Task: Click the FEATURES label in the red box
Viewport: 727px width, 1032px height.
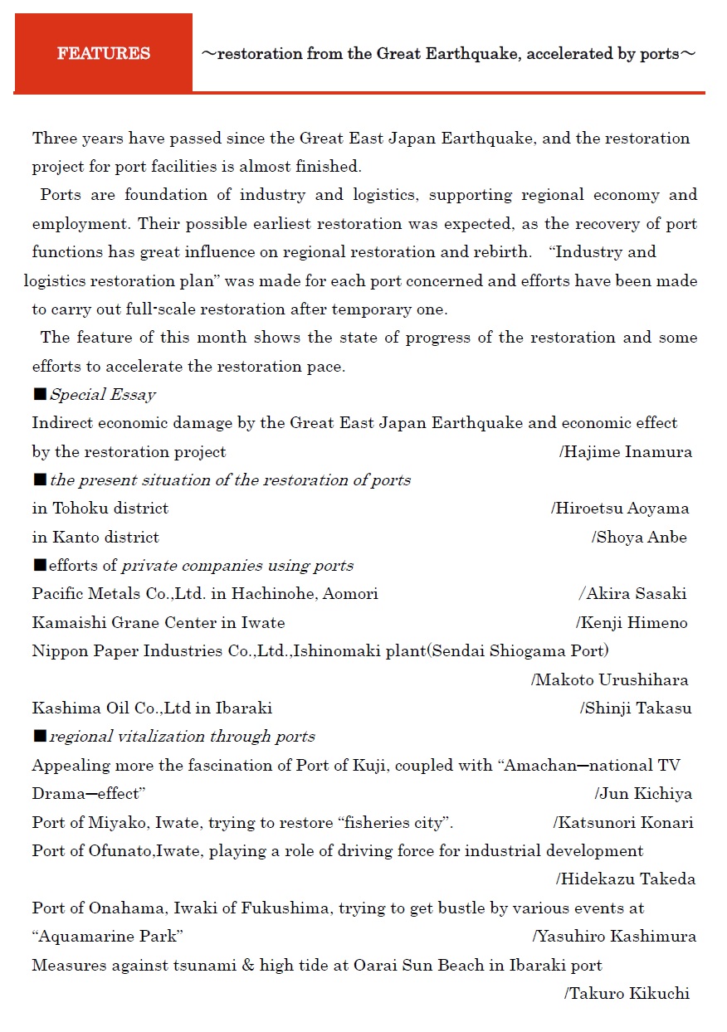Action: (104, 54)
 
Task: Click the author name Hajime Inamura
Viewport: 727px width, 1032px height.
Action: (628, 452)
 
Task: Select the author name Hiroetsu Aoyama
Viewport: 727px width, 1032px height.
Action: (622, 509)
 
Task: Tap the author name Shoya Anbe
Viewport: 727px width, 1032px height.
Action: (642, 538)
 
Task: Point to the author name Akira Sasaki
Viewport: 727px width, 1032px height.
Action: (636, 594)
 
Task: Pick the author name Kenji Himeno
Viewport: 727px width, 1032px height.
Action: (634, 622)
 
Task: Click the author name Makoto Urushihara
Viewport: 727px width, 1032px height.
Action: (612, 680)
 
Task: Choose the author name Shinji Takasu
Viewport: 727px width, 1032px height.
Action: (638, 708)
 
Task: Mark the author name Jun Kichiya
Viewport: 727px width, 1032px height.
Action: (646, 794)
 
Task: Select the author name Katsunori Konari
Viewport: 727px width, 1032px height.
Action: (626, 823)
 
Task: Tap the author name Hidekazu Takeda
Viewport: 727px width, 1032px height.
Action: (628, 879)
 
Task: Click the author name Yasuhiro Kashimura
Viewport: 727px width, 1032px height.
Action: (617, 937)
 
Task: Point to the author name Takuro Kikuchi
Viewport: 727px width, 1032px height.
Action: (629, 994)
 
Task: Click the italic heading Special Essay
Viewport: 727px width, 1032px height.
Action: (103, 395)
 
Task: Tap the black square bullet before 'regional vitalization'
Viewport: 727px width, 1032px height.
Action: (39, 737)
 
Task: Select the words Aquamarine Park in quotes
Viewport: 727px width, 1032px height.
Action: (108, 937)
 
